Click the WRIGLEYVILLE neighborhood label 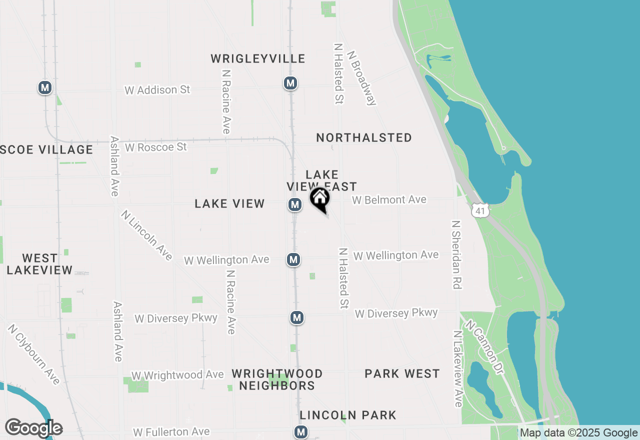[x=257, y=59]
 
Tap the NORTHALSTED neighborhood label [x=364, y=137]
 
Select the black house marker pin [x=319, y=199]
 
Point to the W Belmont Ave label [x=389, y=200]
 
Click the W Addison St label [x=157, y=90]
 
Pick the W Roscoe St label [x=155, y=147]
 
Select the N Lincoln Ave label [x=146, y=235]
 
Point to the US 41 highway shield [x=480, y=211]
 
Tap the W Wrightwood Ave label [x=177, y=375]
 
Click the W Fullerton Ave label [x=171, y=431]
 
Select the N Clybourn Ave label [x=33, y=354]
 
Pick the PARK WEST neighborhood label [x=402, y=374]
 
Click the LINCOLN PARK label [x=348, y=415]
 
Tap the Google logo [x=33, y=428]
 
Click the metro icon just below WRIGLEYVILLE [x=290, y=83]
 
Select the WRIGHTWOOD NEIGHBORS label [x=277, y=379]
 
